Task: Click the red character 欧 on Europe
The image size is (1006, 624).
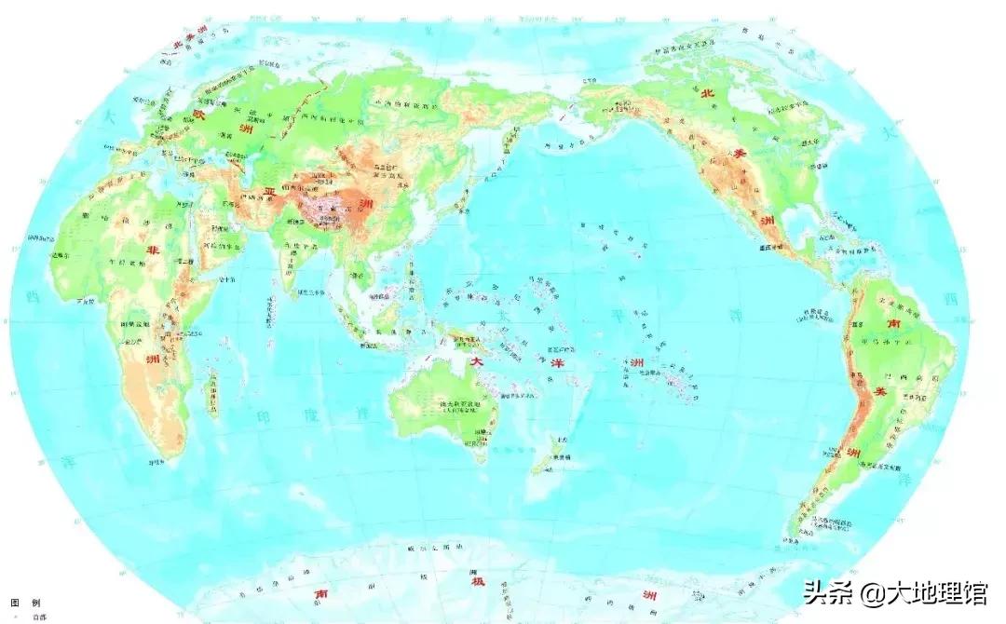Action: click(x=197, y=115)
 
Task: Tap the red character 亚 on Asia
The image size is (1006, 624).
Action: click(x=269, y=190)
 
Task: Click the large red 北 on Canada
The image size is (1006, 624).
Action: click(x=704, y=89)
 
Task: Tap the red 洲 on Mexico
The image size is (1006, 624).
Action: click(x=767, y=221)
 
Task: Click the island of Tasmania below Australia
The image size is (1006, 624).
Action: click(x=482, y=456)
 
